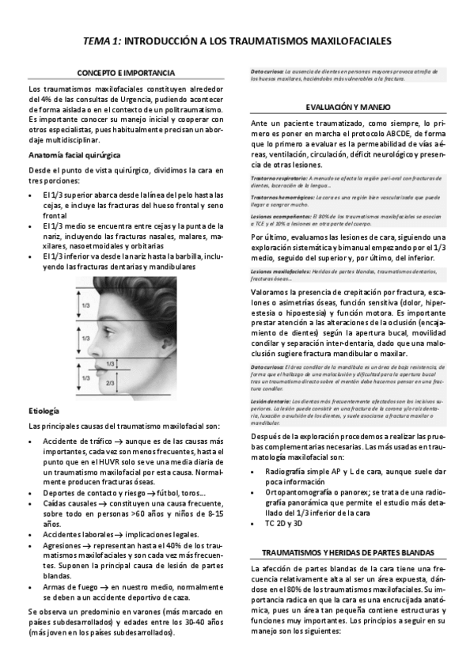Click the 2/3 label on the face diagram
[109, 382]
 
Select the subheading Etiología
[42, 411]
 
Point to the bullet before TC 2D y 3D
[256, 523]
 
